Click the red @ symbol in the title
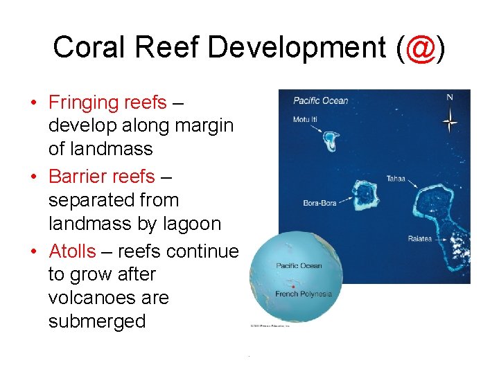click(418, 48)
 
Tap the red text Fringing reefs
click(107, 103)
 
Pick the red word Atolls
click(72, 250)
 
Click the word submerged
click(97, 321)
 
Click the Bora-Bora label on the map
click(319, 204)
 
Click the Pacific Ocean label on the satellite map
click(320, 101)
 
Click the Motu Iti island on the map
click(331, 141)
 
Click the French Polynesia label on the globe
click(304, 294)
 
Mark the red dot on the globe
click(294, 286)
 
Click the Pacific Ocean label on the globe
click(299, 266)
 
